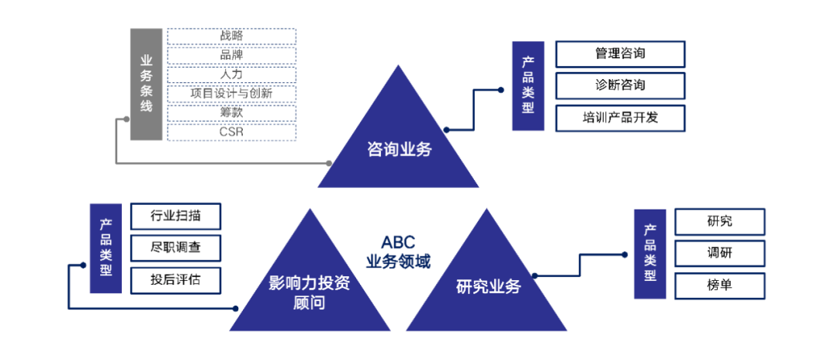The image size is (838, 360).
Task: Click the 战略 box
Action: tap(231, 36)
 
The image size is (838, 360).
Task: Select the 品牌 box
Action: tap(231, 55)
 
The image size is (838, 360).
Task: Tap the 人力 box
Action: tap(231, 74)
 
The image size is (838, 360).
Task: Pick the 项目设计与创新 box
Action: tap(231, 94)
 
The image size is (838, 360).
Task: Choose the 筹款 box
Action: tap(231, 113)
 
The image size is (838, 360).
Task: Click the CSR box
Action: tap(231, 133)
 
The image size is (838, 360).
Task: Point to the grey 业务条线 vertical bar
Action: tap(146, 84)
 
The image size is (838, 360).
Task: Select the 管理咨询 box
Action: tap(620, 54)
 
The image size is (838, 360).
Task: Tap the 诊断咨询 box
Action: tap(620, 85)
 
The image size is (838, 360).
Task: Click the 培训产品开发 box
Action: tap(620, 117)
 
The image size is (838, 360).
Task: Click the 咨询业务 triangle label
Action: tap(399, 150)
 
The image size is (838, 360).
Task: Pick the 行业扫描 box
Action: tap(175, 216)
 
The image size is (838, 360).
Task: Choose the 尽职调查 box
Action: tap(175, 247)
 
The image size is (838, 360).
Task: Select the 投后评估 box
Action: tap(175, 279)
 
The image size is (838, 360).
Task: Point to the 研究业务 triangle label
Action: tap(488, 287)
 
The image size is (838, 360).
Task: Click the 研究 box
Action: tap(719, 222)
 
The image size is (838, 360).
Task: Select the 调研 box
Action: tap(719, 254)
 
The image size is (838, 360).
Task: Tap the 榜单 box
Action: tap(719, 286)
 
